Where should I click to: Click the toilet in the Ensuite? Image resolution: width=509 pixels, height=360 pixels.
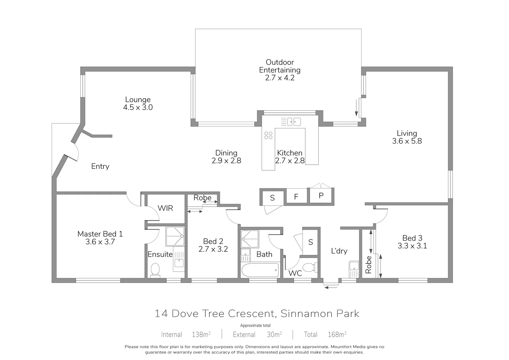[x=155, y=270]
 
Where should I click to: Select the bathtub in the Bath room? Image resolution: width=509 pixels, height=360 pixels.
[x=260, y=270]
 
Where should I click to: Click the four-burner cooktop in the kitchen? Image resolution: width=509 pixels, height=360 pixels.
[x=268, y=135]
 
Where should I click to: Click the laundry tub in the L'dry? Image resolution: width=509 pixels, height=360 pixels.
[x=354, y=269]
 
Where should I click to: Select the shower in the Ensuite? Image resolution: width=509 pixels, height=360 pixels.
[x=175, y=236]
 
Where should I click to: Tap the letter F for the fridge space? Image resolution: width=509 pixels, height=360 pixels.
[x=296, y=197]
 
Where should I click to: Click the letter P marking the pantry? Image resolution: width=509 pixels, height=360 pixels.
[x=321, y=196]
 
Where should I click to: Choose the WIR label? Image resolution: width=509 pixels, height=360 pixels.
[x=165, y=208]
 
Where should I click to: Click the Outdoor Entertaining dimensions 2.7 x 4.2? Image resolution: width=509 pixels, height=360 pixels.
[x=280, y=78]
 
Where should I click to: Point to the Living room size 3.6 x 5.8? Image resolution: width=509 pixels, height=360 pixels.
[x=407, y=141]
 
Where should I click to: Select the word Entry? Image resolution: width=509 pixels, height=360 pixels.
[x=100, y=166]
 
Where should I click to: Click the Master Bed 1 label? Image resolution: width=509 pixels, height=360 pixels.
[x=100, y=234]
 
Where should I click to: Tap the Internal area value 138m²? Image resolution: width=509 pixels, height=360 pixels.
[x=201, y=334]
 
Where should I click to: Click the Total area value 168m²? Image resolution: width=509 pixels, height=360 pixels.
[x=337, y=334]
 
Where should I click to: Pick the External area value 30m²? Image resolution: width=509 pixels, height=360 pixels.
[x=274, y=334]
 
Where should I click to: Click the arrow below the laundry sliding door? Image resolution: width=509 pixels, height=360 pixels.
[x=331, y=287]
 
